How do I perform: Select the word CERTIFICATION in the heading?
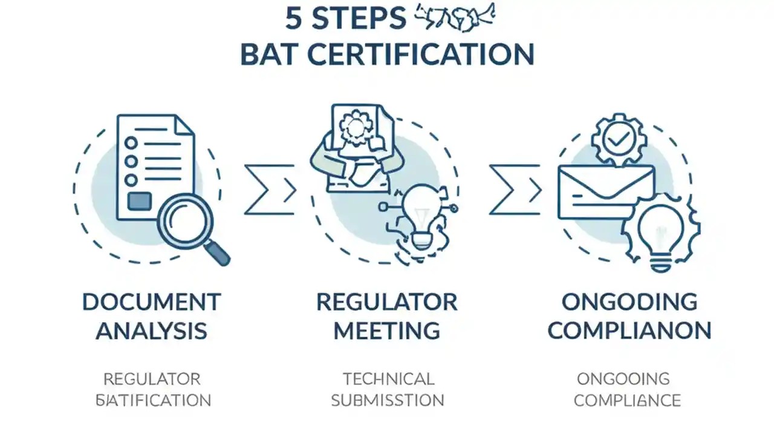[421, 54]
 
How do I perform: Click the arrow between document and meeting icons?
[270, 190]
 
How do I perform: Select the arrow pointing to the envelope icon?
[515, 190]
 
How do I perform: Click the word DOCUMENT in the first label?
[151, 302]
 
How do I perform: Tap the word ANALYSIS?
[151, 331]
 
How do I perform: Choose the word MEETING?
[387, 331]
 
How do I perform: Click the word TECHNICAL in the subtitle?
[388, 379]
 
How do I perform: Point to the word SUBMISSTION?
[388, 400]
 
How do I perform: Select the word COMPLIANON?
[629, 331]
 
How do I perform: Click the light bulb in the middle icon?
[418, 215]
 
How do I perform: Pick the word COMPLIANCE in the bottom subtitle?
[627, 400]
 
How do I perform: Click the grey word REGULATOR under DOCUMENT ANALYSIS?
[152, 379]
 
